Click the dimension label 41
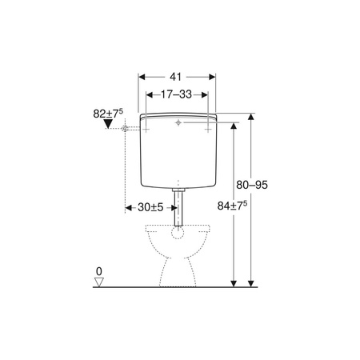pyautogui.click(x=175, y=77)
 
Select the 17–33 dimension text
pyautogui.click(x=176, y=94)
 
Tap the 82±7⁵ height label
pyautogui.click(x=108, y=114)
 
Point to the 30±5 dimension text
pyautogui.click(x=150, y=207)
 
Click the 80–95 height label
pyautogui.click(x=252, y=185)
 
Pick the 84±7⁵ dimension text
pyautogui.click(x=232, y=206)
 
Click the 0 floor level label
pyautogui.click(x=99, y=271)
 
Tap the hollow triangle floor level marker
pyautogui.click(x=99, y=282)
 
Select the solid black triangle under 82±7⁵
pyautogui.click(x=108, y=124)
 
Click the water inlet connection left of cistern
pyautogui.click(x=125, y=129)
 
